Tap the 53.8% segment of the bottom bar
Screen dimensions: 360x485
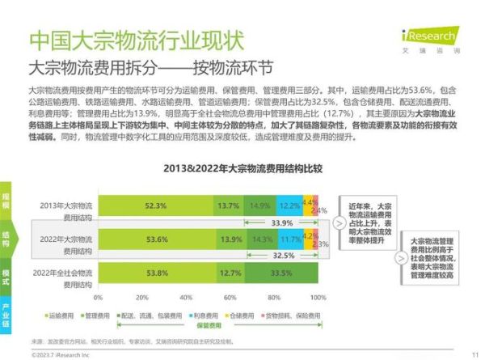[158, 273]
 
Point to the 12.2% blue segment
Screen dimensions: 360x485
[289, 206]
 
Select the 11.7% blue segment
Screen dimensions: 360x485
[289, 240]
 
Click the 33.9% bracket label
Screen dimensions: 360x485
[281, 222]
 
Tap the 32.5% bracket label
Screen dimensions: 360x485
[281, 256]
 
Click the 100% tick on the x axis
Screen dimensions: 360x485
[318, 298]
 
